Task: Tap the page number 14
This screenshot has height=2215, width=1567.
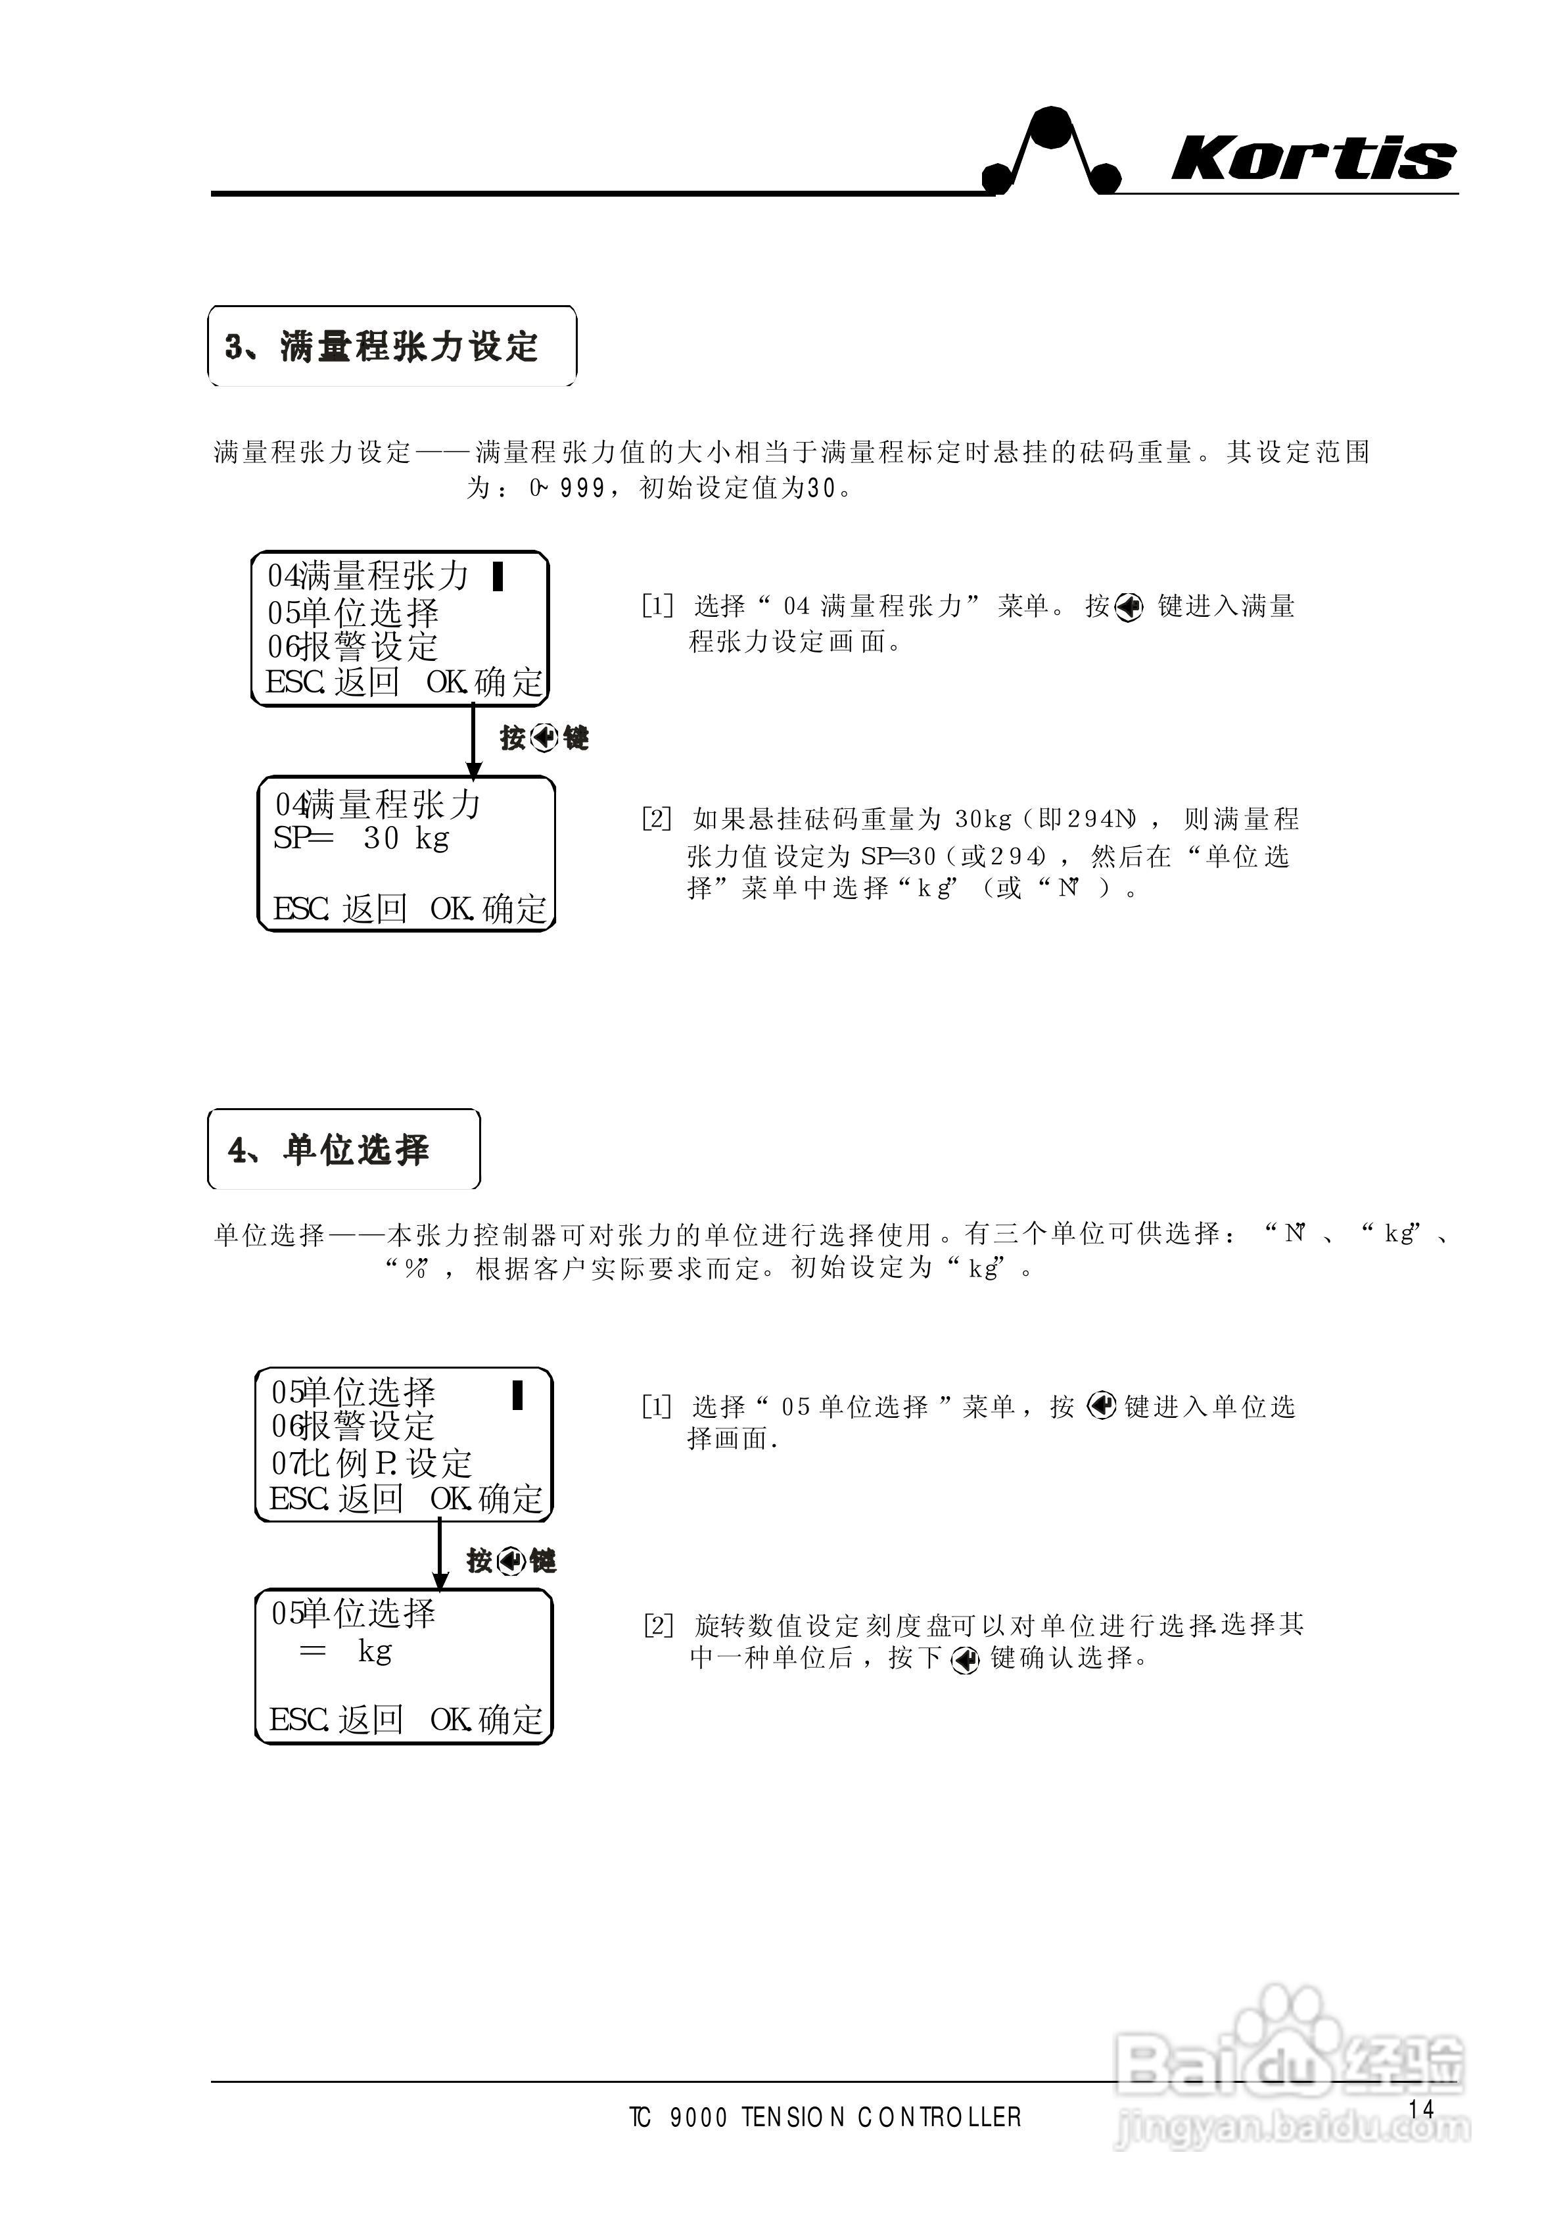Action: [1420, 2109]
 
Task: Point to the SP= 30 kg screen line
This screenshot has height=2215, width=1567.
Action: [361, 838]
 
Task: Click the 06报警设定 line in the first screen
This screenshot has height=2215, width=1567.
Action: [353, 646]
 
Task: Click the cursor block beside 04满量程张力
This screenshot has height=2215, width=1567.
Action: [498, 576]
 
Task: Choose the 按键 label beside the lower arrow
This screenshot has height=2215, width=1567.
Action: [511, 1561]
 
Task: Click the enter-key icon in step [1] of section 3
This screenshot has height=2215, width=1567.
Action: [1128, 607]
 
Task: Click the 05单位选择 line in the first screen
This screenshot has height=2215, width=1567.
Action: [353, 612]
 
